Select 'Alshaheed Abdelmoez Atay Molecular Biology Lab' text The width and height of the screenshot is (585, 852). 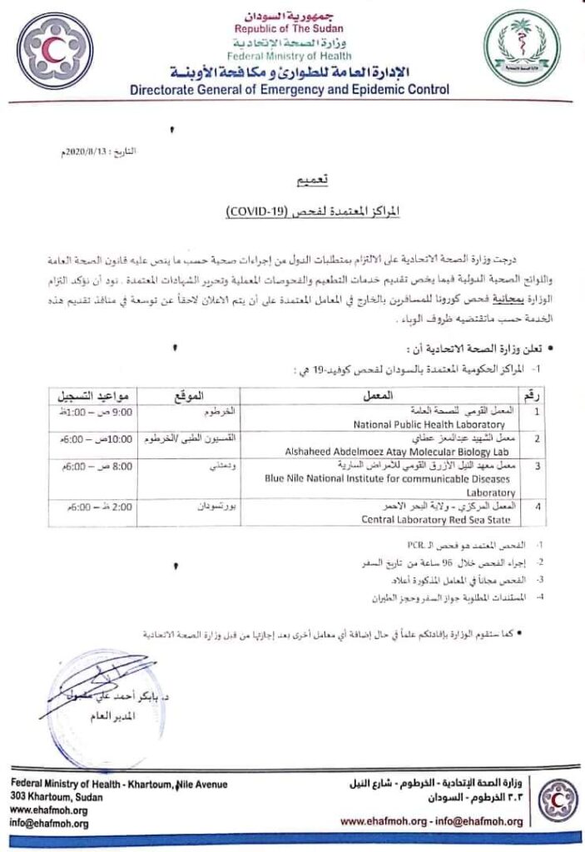(x=414, y=448)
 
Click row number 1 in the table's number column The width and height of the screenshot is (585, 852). (x=536, y=412)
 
